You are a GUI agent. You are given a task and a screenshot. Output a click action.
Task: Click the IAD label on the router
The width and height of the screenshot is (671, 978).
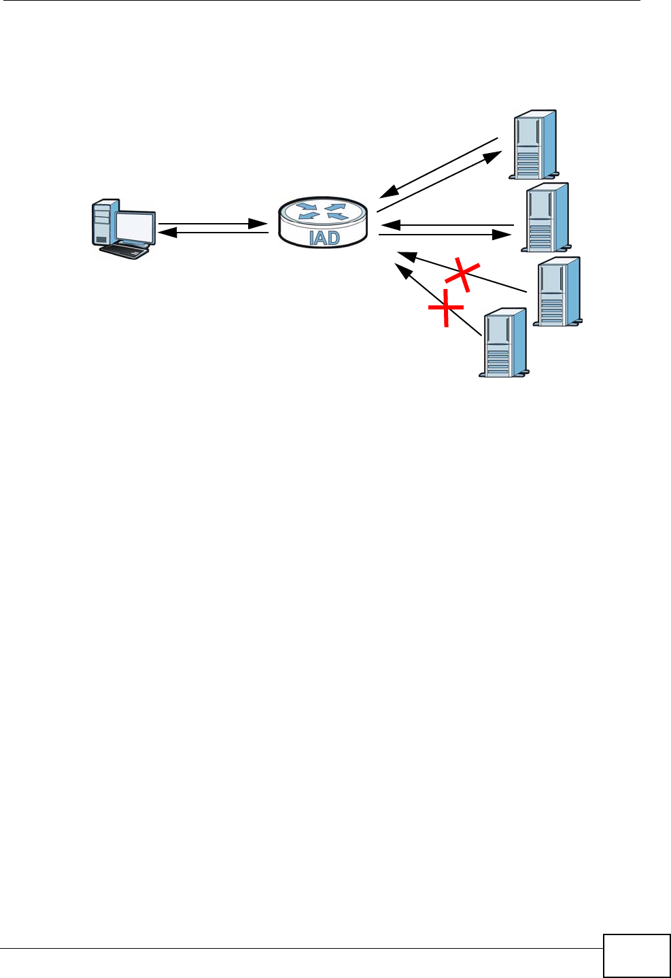[x=324, y=239]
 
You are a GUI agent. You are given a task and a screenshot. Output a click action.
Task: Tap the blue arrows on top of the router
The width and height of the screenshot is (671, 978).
[x=322, y=210]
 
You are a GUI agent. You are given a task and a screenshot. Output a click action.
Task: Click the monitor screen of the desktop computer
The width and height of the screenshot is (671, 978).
[x=135, y=225]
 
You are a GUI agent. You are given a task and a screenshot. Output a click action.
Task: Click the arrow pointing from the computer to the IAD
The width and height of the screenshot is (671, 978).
[x=212, y=223]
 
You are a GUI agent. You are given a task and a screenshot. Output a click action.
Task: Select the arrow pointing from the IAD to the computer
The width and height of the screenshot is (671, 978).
[x=212, y=233]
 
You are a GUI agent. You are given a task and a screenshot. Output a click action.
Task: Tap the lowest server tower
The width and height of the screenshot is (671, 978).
[x=504, y=342]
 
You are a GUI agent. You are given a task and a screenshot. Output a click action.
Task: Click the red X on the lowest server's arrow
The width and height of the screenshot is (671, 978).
[x=445, y=307]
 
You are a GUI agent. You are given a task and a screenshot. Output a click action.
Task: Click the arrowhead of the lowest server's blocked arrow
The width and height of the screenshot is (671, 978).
[x=404, y=271]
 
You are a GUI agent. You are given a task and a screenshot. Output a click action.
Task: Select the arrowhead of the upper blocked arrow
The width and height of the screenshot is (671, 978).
[x=406, y=255]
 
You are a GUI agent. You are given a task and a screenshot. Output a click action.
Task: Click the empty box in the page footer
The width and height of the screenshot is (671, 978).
[x=636, y=956]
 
